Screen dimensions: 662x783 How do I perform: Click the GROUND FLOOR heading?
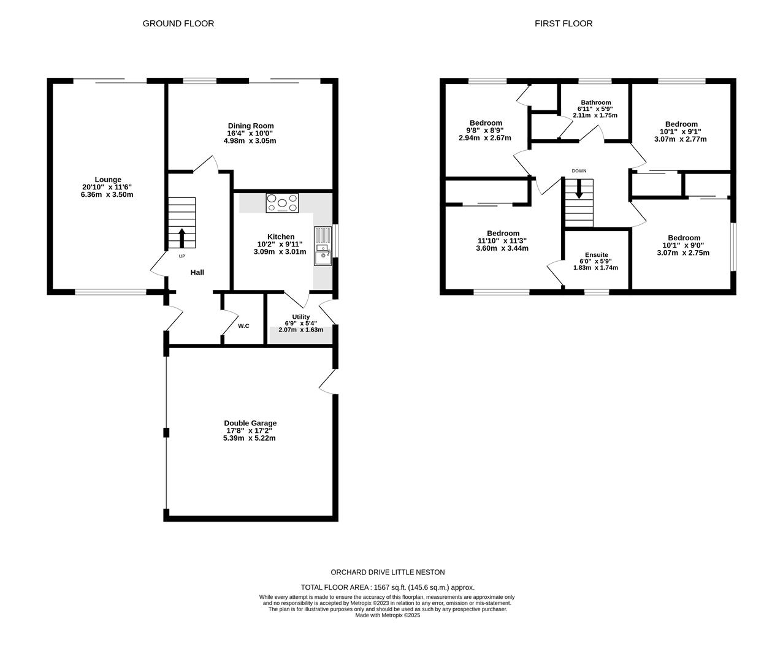pos(178,23)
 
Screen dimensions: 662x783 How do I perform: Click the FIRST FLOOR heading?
pos(563,23)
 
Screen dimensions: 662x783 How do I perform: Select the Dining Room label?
pos(250,126)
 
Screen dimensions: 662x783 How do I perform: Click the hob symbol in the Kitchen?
pos(282,203)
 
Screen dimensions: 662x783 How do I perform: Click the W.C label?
pos(243,325)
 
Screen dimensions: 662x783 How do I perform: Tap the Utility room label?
pos(300,317)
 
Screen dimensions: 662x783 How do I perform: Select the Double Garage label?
pos(250,423)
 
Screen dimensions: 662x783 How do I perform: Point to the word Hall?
pos(197,272)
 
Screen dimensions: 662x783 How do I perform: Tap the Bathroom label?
pos(596,102)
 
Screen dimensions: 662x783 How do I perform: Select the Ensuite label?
pos(596,254)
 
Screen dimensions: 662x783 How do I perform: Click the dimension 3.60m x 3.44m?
pos(502,248)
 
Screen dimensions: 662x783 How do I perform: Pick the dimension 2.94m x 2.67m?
pos(485,138)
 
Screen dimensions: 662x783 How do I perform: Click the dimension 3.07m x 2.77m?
pos(681,139)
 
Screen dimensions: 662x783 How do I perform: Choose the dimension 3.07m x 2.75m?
pos(683,253)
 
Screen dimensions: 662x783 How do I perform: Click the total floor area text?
pos(387,587)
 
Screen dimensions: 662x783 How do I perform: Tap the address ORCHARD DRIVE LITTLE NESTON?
pos(388,572)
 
